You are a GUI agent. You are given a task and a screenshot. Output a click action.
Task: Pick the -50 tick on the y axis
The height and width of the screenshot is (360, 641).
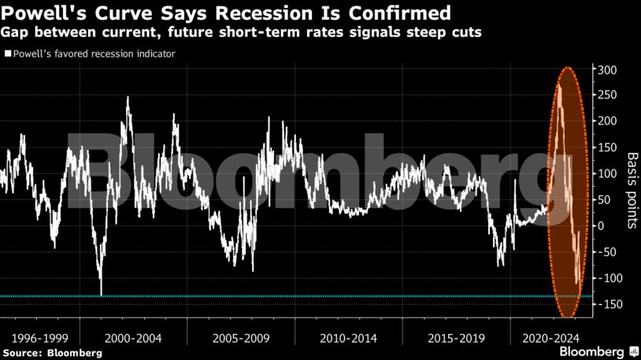tap(607, 252)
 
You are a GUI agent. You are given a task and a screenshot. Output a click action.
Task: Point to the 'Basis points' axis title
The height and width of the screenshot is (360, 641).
tap(631, 190)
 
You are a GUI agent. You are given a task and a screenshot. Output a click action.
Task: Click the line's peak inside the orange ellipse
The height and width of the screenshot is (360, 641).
tap(558, 84)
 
